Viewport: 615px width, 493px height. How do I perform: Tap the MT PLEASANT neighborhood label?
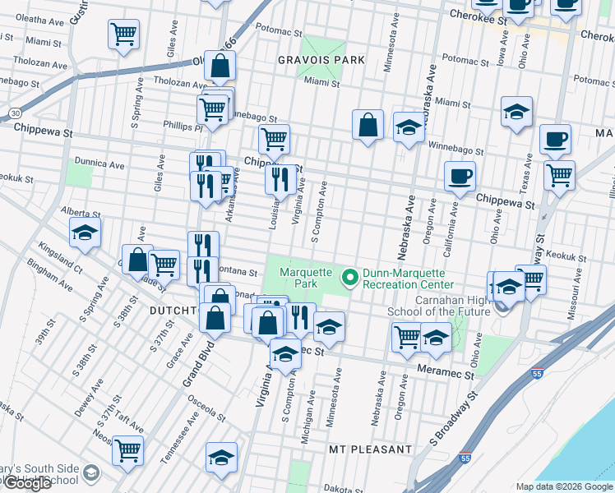(x=369, y=449)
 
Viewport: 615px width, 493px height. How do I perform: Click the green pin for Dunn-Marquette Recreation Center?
(x=350, y=279)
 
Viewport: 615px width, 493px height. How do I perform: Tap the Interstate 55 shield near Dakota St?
(x=465, y=458)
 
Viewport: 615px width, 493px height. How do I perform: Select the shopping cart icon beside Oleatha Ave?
(x=123, y=35)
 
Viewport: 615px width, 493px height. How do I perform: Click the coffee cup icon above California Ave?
(x=460, y=176)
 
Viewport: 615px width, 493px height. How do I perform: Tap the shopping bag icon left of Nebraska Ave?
(x=368, y=125)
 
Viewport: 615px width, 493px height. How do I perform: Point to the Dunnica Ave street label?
(x=98, y=164)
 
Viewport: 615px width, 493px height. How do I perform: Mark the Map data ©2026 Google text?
(x=563, y=486)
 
